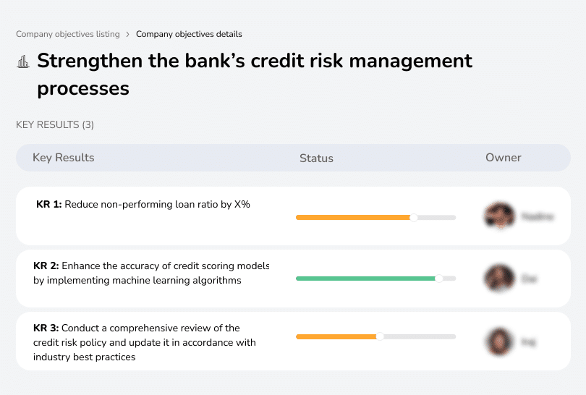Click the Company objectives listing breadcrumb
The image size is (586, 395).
[68, 34]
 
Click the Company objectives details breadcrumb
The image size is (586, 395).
[189, 34]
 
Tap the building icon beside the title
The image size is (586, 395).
[23, 61]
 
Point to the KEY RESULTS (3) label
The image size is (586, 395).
[55, 125]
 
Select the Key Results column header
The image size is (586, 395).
[64, 158]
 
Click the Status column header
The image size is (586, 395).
[316, 158]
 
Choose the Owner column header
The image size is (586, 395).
[504, 158]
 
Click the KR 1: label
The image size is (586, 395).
[48, 205]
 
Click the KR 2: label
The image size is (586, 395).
[46, 266]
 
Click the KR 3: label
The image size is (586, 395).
[46, 328]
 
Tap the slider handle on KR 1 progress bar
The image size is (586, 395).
[414, 217]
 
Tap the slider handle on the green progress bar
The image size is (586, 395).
[438, 279]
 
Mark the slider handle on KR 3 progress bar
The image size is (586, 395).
[380, 336]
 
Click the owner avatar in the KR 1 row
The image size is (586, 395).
[499, 216]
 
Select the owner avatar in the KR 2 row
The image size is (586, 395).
[499, 278]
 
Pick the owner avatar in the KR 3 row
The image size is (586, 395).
[499, 341]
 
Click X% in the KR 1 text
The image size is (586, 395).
[242, 205]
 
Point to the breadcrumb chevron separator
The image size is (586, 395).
[128, 34]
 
